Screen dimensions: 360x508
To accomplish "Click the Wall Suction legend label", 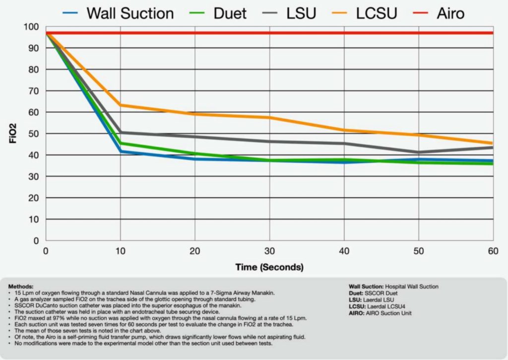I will tap(130, 13).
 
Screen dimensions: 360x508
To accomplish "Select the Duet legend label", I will tap(230, 13).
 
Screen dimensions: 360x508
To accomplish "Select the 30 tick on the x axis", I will tap(269, 252).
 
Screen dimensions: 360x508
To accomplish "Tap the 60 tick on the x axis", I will tap(493, 252).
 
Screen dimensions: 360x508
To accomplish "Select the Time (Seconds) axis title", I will tap(269, 267).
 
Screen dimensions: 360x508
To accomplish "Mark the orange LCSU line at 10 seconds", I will tap(121, 105).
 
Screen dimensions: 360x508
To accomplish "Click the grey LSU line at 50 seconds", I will tap(419, 152).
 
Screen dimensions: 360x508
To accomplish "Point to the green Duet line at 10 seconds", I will tap(121, 144).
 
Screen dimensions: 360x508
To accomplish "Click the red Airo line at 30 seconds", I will tap(269, 33).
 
